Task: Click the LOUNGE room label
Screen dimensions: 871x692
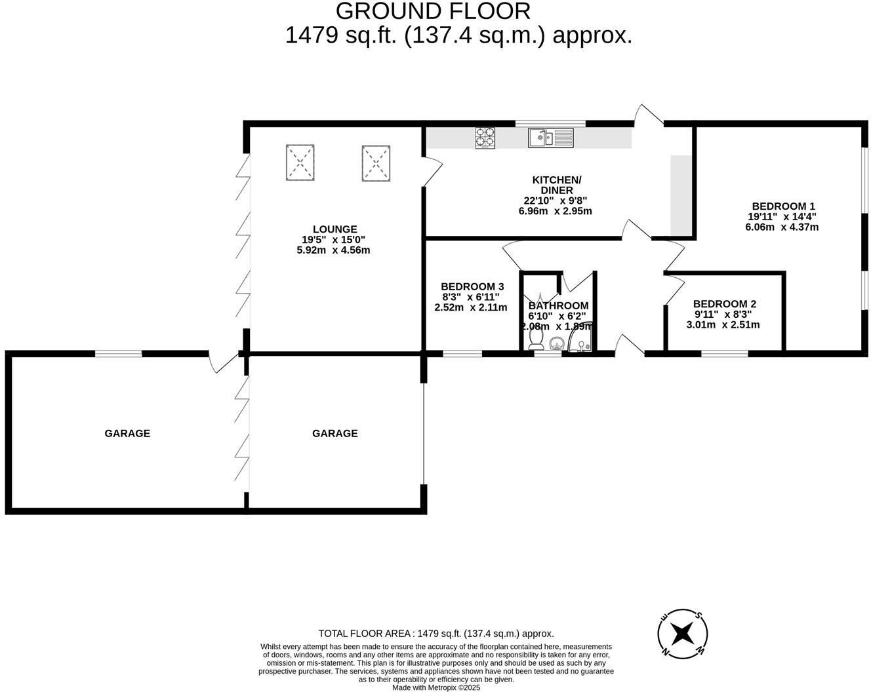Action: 334,229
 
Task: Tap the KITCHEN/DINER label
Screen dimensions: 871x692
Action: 557,185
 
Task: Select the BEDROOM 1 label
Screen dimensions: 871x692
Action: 782,206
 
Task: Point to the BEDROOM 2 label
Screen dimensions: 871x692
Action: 725,304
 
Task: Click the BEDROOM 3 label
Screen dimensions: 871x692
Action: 472,286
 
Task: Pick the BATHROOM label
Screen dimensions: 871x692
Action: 559,306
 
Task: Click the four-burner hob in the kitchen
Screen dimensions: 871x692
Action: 485,138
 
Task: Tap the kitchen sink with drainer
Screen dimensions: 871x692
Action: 551,138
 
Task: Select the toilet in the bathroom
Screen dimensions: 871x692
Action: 537,339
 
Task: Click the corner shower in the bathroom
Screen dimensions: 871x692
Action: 582,337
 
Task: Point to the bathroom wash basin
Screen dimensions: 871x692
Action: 557,344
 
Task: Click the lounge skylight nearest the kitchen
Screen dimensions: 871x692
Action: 376,163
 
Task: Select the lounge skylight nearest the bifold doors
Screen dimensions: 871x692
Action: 300,162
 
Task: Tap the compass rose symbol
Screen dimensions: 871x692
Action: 682,634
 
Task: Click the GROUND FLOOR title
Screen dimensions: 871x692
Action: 433,11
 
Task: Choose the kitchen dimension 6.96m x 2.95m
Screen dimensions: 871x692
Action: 556,211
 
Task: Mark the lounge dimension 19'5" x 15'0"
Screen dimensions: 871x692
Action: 333,239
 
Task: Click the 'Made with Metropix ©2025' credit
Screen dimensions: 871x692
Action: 436,687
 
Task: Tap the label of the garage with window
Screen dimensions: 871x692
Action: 127,433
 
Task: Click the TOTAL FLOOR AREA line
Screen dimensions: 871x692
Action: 436,634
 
